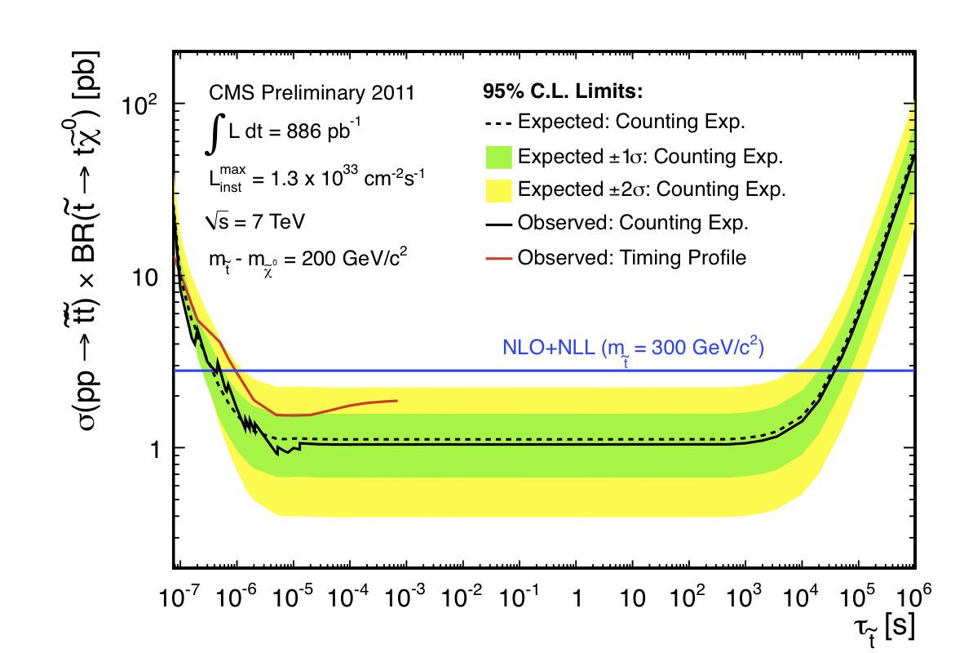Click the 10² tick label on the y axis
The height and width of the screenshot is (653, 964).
(x=144, y=104)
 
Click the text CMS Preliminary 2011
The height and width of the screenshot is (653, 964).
(x=312, y=93)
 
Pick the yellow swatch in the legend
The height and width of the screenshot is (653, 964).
(x=492, y=190)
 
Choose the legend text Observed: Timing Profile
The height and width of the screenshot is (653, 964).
(x=632, y=258)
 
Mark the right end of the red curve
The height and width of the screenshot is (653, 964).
(x=397, y=400)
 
